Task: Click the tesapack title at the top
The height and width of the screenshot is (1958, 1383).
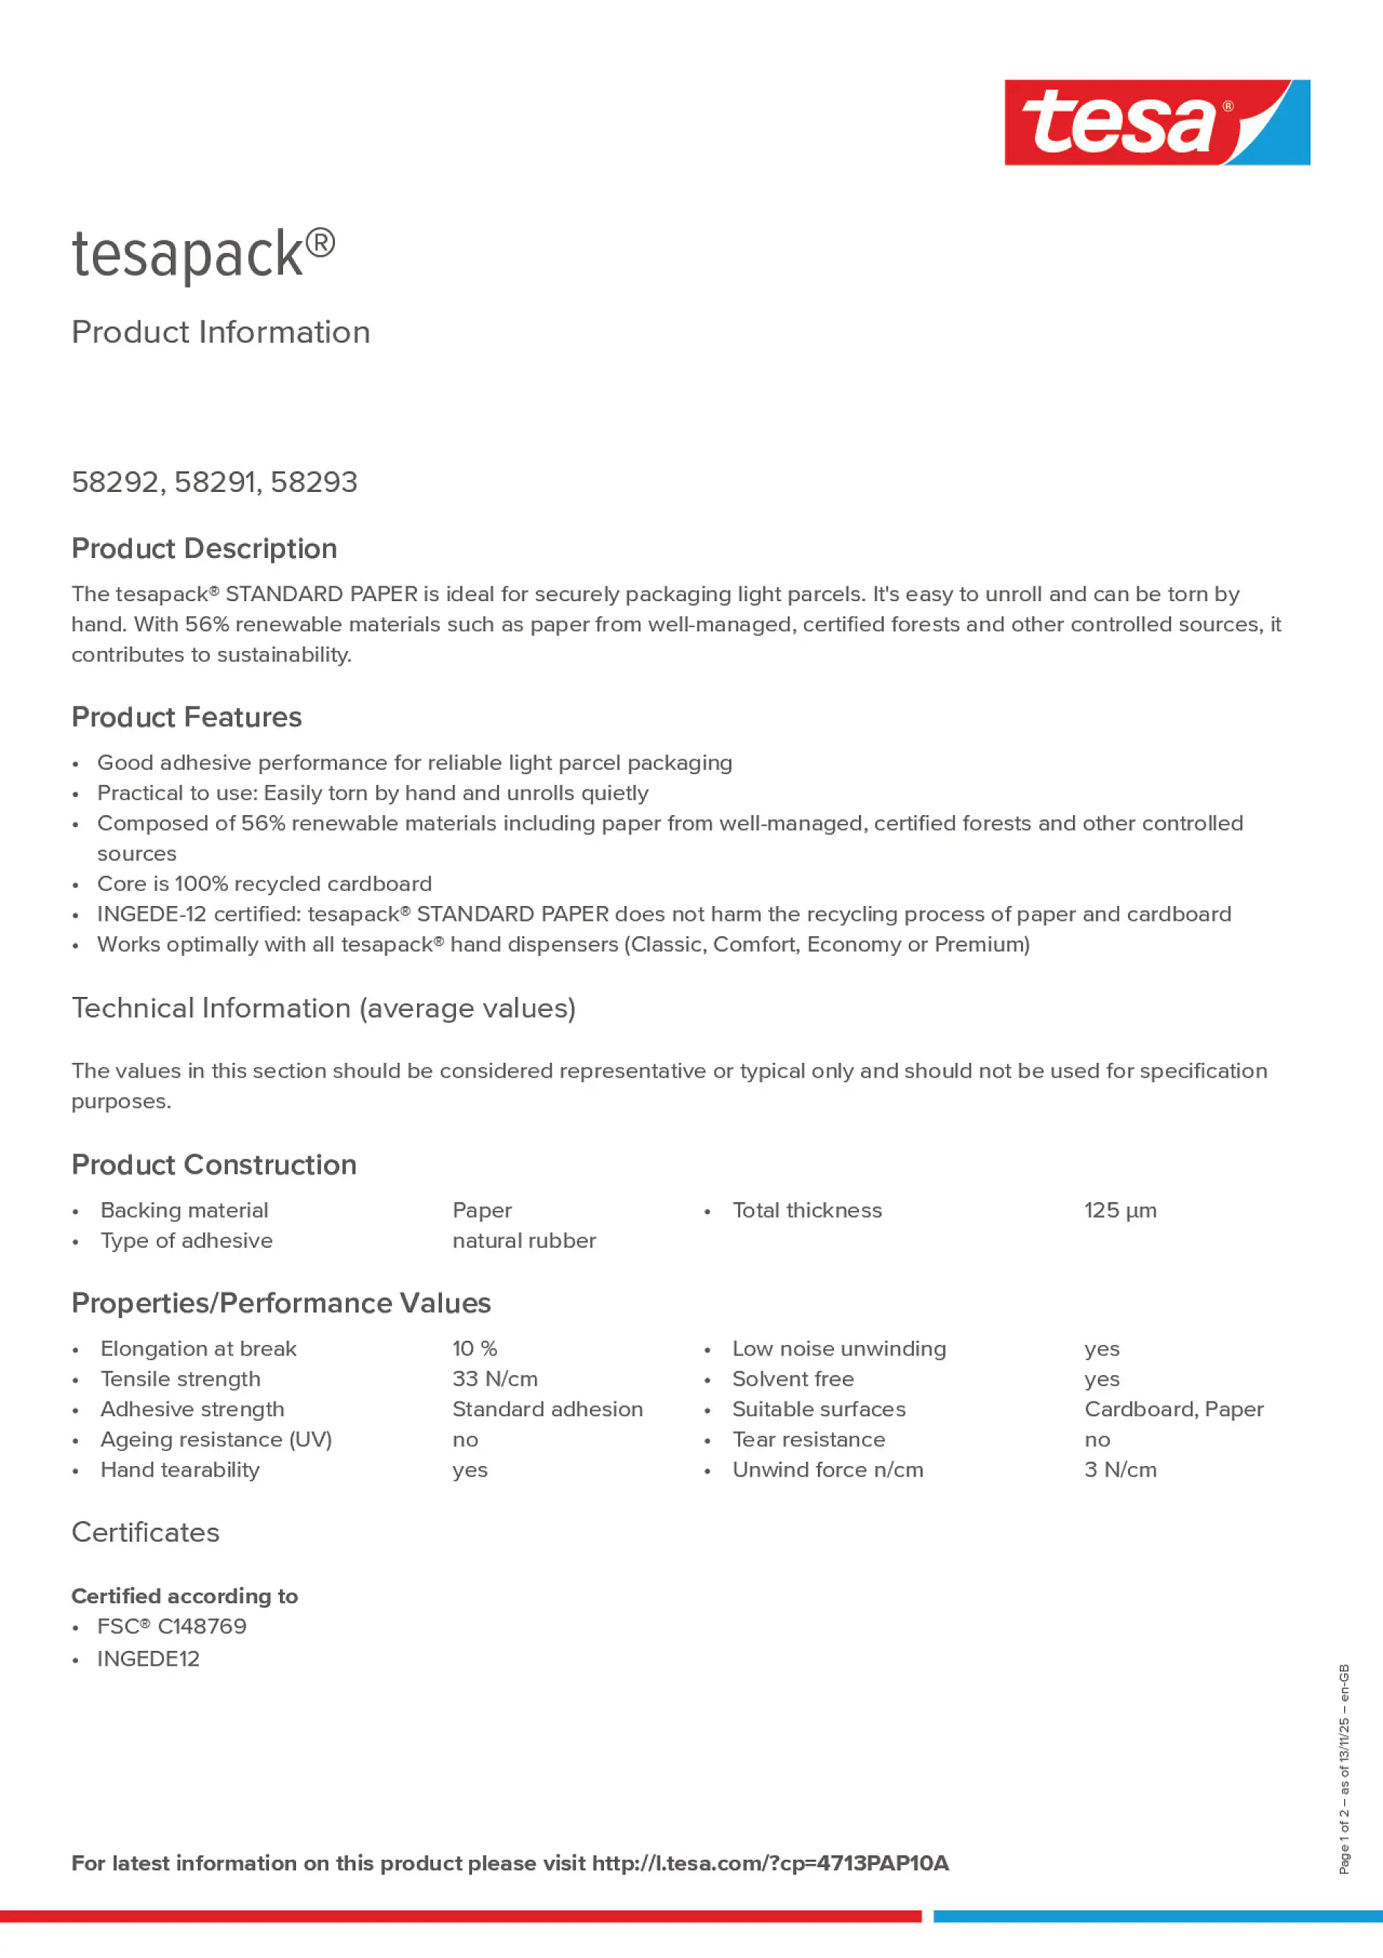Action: tap(203, 254)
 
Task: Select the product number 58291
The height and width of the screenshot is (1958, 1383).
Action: tap(215, 482)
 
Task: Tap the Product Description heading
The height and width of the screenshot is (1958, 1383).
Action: tap(204, 548)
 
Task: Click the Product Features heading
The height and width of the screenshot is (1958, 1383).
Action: tap(186, 717)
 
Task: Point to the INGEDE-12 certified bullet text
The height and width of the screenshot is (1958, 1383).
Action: tap(663, 914)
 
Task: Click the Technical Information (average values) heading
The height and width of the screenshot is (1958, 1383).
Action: tap(323, 1008)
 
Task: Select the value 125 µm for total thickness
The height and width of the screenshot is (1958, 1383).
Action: tap(1120, 1210)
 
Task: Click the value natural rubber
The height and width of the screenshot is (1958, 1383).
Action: tap(523, 1241)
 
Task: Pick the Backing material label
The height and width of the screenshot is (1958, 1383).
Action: tap(184, 1210)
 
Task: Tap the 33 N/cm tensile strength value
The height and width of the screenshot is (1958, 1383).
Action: tap(495, 1379)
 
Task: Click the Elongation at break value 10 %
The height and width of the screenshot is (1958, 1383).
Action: tap(474, 1349)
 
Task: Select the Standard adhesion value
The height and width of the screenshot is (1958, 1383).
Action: tap(547, 1410)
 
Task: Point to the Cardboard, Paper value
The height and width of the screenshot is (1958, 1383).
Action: tap(1173, 1410)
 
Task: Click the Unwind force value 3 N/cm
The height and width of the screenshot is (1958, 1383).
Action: tap(1120, 1471)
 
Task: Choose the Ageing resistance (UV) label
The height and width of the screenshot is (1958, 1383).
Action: tap(215, 1440)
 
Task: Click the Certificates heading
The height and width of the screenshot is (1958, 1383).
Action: tap(145, 1532)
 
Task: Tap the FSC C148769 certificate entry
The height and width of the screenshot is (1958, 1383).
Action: tap(172, 1626)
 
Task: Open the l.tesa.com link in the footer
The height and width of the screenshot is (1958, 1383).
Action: tap(770, 1863)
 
